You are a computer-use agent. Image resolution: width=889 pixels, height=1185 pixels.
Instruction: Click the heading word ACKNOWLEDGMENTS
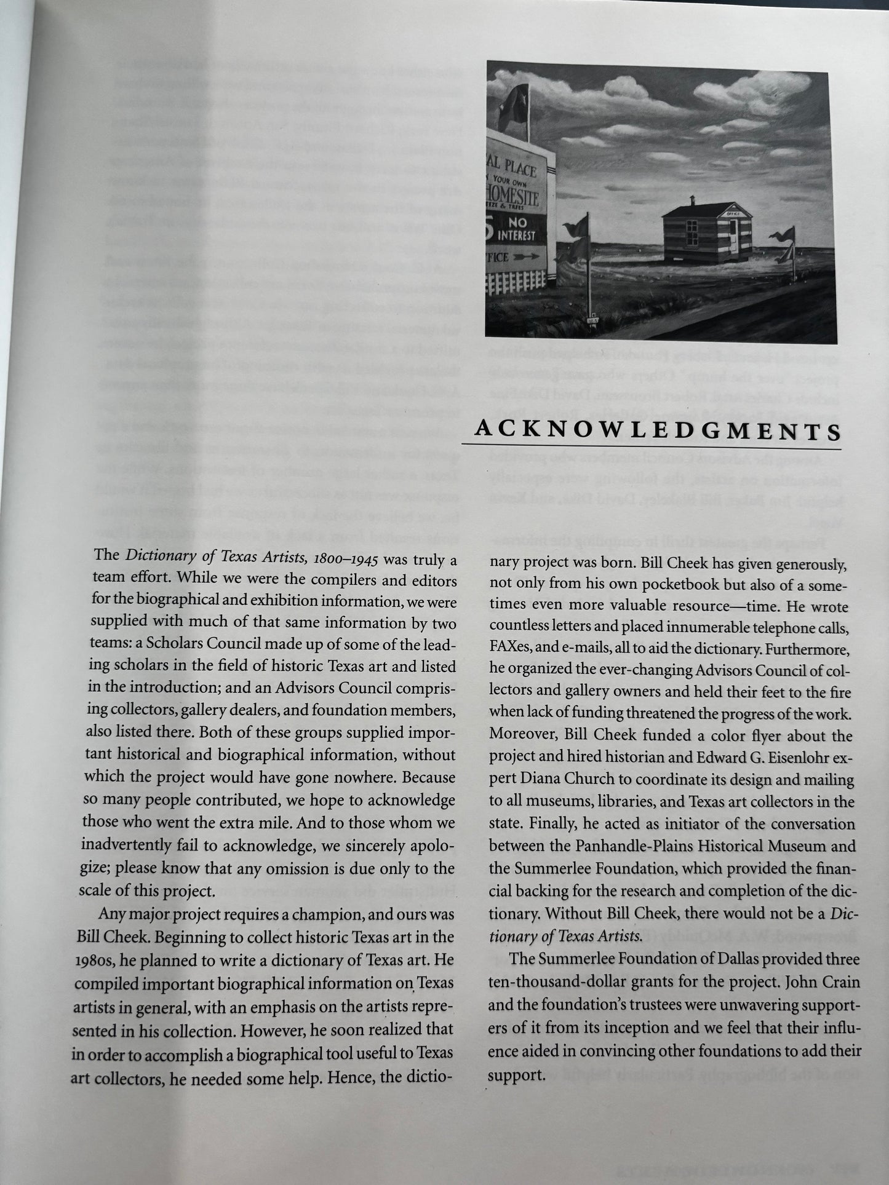pyautogui.click(x=657, y=430)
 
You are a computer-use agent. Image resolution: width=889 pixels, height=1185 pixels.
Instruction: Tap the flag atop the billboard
pyautogui.click(x=517, y=100)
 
